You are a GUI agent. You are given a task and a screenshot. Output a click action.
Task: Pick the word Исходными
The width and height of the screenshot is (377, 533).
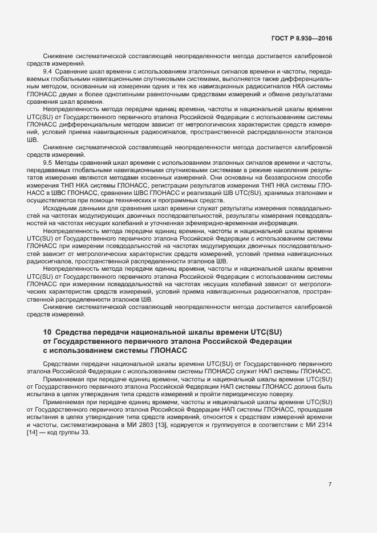pyautogui.click(x=59, y=207)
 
